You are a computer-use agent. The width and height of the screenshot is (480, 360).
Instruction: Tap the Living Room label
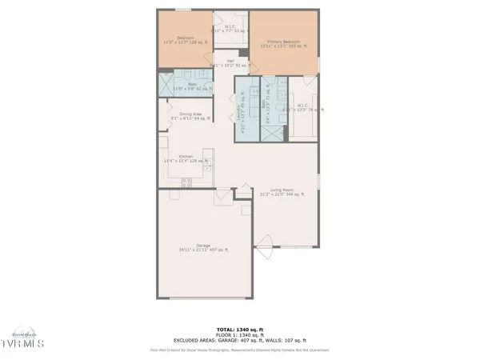pos(282,191)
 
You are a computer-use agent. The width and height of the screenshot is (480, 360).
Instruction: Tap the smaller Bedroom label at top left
pos(185,38)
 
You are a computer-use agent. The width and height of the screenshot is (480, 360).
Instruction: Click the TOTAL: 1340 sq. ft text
pos(240,329)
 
